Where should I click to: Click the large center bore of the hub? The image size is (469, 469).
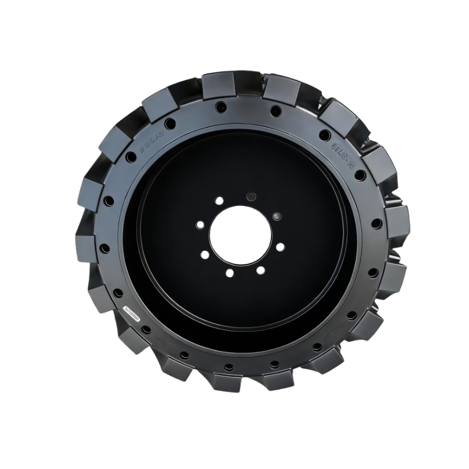[240, 235]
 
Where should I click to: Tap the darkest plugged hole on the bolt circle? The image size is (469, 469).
[252, 196]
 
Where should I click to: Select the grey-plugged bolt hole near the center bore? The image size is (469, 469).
[277, 216]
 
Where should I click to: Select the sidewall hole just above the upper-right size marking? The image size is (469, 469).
[325, 135]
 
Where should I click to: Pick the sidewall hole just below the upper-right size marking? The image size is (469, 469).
[360, 175]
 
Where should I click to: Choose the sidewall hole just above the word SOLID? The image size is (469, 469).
[170, 124]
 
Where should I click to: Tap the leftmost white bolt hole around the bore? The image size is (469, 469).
[200, 225]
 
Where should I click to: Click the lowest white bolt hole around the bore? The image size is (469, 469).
[230, 273]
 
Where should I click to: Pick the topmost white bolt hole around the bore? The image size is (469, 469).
[219, 200]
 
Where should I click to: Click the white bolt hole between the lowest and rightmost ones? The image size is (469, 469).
[261, 270]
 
